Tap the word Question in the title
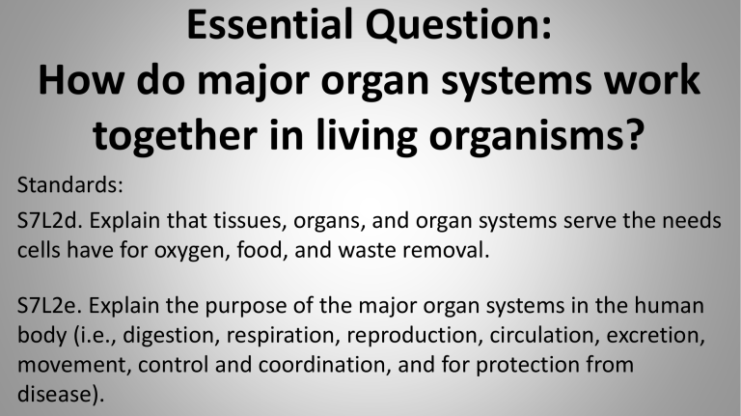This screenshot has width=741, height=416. (x=453, y=25)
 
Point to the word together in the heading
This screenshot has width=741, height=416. (x=175, y=136)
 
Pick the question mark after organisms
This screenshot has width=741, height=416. (x=633, y=134)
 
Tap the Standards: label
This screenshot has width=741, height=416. (x=69, y=185)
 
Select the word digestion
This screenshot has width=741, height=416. (x=171, y=336)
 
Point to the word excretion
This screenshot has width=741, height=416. (x=655, y=336)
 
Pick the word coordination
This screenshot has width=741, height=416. (x=324, y=365)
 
